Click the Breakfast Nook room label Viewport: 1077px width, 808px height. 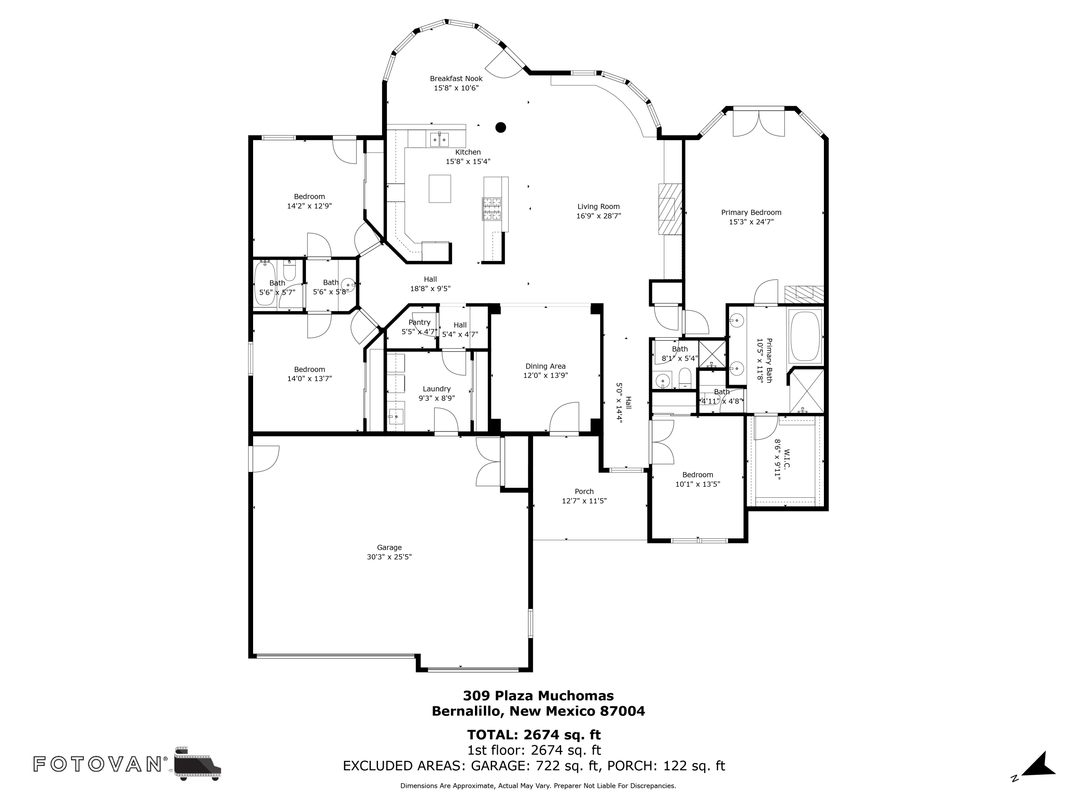click(456, 78)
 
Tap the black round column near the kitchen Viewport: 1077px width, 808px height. click(500, 127)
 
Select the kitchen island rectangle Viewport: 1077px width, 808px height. click(440, 189)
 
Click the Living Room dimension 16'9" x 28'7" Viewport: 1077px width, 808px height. click(598, 216)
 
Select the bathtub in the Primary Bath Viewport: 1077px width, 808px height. click(805, 336)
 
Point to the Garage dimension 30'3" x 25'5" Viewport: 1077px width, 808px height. click(389, 557)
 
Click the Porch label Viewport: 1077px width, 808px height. click(584, 491)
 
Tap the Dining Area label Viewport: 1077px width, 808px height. click(545, 366)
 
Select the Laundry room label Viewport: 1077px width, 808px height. click(437, 389)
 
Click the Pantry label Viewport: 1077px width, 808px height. click(419, 322)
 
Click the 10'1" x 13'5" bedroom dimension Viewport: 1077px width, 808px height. click(698, 484)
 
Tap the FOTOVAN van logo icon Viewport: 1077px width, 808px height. click(197, 763)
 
